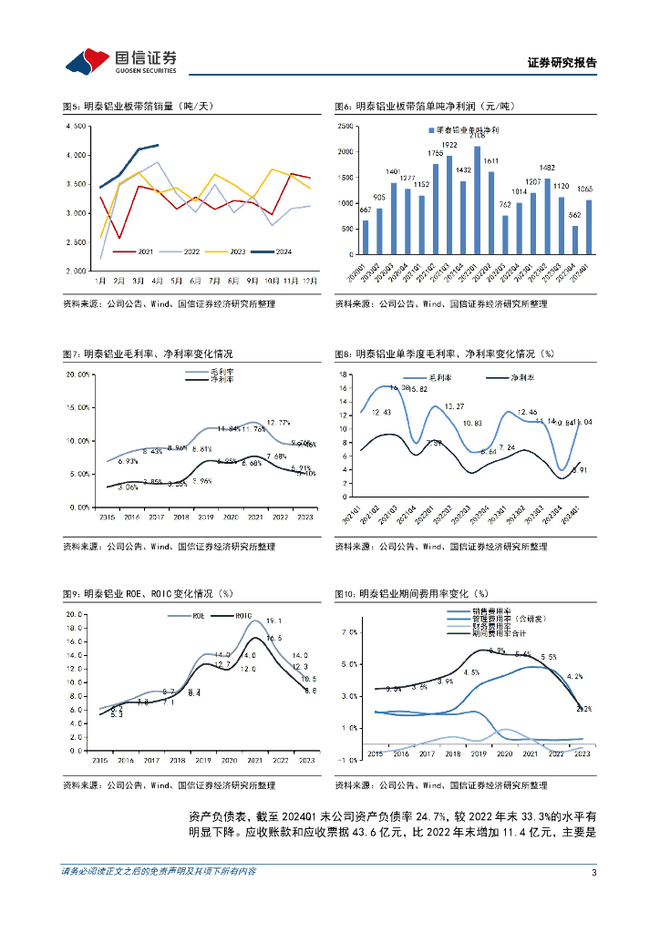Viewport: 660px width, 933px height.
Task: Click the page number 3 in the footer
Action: [x=593, y=873]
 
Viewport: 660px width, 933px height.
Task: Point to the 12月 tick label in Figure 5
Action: [x=311, y=281]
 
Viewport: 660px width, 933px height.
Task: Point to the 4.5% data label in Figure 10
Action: [x=471, y=672]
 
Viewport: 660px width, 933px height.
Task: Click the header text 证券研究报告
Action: [x=562, y=63]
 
